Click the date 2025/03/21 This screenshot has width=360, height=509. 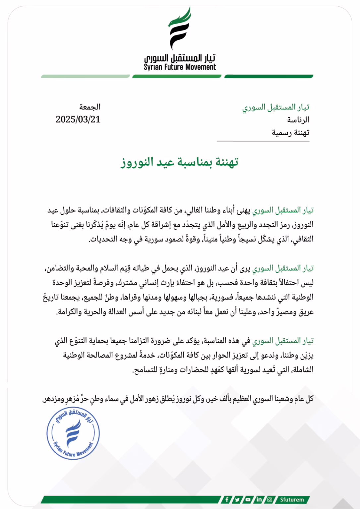[x=78, y=119]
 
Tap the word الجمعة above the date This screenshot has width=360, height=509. [x=90, y=107]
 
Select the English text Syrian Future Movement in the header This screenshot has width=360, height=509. [x=180, y=67]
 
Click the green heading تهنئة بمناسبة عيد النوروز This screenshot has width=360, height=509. [x=179, y=162]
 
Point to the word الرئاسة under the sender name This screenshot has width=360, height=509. [x=298, y=120]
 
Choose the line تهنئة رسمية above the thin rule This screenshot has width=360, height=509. [x=290, y=133]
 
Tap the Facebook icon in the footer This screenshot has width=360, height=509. [x=227, y=499]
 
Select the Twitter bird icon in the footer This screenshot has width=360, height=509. [x=237, y=499]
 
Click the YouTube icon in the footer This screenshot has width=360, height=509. [x=248, y=499]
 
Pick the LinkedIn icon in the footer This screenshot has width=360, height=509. [x=259, y=499]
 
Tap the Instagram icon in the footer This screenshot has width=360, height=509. [x=270, y=499]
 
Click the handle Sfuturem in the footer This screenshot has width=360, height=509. [x=292, y=499]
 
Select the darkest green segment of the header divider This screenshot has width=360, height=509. [x=269, y=77]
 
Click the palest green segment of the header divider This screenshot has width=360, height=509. [x=85, y=77]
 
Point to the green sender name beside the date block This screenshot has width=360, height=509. [x=276, y=107]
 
